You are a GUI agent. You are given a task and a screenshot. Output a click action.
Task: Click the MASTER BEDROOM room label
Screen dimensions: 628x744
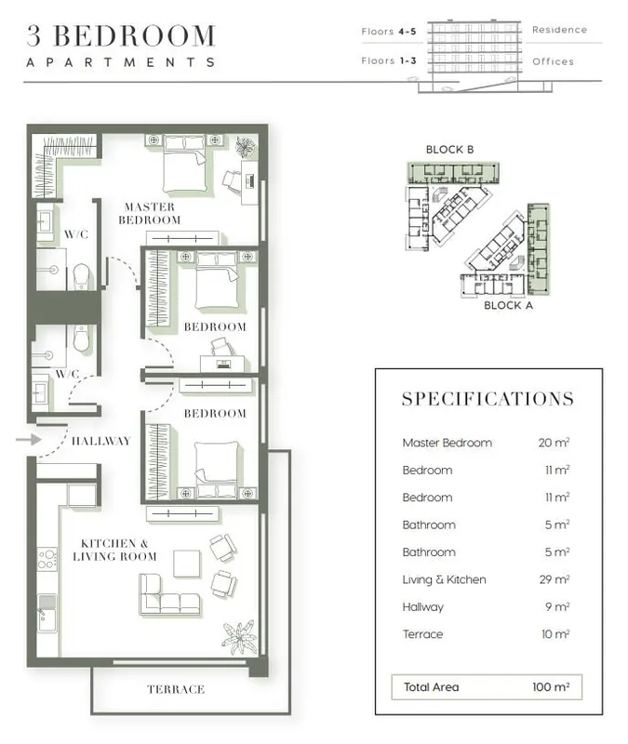point(150,214)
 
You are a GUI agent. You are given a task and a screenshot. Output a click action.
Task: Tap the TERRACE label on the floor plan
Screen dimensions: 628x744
point(176,689)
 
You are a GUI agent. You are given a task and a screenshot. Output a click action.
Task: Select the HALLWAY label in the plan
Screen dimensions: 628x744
point(101,441)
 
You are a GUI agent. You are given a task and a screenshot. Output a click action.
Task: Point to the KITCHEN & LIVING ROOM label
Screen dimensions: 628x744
point(114,550)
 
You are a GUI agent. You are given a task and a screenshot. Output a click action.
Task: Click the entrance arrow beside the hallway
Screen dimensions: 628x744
point(29,440)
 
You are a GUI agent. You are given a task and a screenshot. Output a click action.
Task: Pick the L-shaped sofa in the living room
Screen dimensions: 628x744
point(169,594)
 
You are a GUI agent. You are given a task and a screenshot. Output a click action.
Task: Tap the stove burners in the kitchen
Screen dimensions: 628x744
point(47,559)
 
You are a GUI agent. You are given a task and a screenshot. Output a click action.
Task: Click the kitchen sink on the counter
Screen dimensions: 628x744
point(47,613)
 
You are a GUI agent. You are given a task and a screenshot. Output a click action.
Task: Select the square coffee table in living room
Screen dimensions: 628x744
point(187,564)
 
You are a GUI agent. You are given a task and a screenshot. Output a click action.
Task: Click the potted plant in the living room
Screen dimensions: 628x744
point(239,637)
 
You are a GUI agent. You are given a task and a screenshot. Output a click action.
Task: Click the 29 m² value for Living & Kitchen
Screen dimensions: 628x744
point(554,579)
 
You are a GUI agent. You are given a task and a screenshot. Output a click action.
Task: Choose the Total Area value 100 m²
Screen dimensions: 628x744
point(551,687)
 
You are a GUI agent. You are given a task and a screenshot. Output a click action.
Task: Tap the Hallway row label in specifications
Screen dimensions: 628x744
point(423,607)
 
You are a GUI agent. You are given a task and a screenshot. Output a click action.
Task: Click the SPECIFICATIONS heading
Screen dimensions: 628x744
point(488,399)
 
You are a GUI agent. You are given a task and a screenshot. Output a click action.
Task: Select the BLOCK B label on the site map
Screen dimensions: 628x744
point(449,150)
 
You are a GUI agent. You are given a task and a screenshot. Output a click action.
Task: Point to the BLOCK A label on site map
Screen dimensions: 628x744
point(508,306)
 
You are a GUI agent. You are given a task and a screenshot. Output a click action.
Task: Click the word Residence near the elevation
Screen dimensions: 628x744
point(560,30)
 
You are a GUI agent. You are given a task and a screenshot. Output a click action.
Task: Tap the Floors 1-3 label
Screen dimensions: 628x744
point(389,60)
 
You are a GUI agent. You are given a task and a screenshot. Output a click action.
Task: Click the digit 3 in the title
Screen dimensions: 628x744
point(34,36)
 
